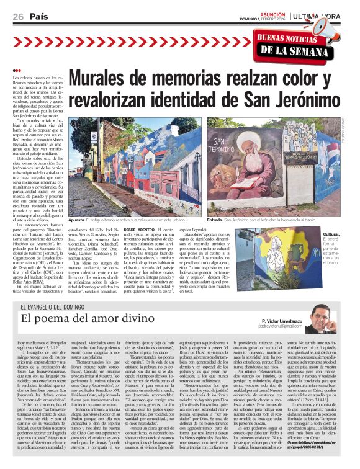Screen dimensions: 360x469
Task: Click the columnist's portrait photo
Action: click(x=322, y=316)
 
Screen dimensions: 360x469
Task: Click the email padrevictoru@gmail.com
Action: click(x=285, y=326)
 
